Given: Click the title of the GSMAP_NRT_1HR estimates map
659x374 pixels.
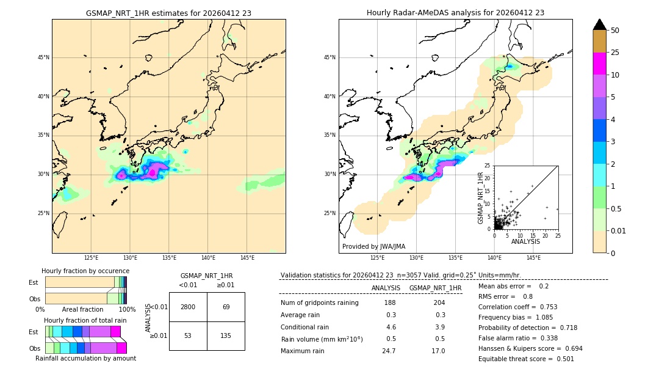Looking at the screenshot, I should click(x=168, y=13).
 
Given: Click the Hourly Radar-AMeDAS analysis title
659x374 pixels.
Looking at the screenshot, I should click(x=455, y=13).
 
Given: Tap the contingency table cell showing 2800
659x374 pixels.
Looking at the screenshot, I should click(x=188, y=307).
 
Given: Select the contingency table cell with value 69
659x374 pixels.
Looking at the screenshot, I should click(x=226, y=307).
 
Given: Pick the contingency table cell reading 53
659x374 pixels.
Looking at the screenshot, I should click(x=188, y=335).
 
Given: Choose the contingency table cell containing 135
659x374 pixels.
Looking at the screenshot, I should click(x=226, y=335).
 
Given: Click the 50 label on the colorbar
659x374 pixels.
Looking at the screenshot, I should click(x=615, y=31).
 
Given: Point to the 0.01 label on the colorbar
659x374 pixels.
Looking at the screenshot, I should click(x=619, y=230).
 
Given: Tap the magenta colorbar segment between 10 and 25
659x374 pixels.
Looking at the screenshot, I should click(x=600, y=64).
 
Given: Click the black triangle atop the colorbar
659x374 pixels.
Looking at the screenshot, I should click(x=600, y=24).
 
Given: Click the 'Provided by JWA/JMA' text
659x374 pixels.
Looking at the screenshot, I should click(x=373, y=246).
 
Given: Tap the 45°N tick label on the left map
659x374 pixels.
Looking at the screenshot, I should click(x=43, y=57).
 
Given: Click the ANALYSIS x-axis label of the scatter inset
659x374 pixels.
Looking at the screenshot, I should click(x=525, y=241).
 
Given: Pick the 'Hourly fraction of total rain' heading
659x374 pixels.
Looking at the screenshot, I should click(x=85, y=320).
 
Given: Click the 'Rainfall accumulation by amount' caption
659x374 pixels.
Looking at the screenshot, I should click(x=85, y=358).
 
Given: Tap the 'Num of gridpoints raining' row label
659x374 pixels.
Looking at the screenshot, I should click(x=320, y=302).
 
